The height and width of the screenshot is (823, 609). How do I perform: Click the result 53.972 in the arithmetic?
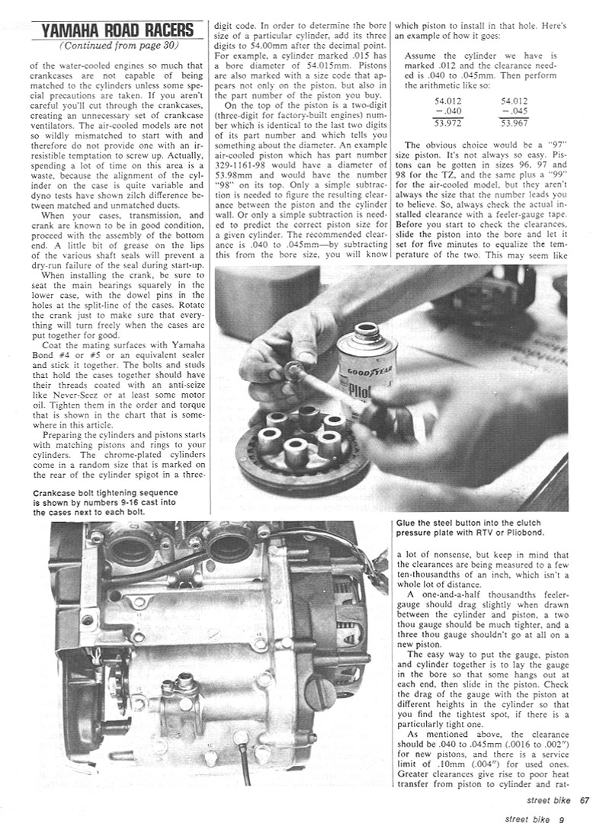(x=449, y=122)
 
